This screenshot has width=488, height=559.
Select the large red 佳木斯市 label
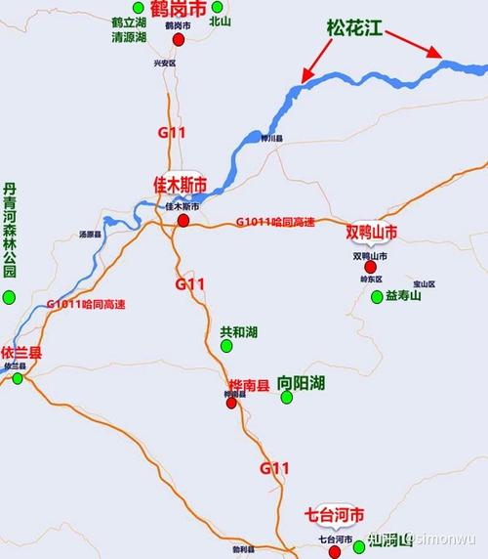click(x=180, y=185)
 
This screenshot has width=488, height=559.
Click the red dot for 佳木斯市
click(x=183, y=221)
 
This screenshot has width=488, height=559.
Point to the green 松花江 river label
click(x=351, y=30)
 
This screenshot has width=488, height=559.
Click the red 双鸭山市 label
click(x=372, y=233)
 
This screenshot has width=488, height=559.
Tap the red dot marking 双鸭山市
click(x=370, y=266)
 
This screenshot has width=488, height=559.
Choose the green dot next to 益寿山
click(x=376, y=296)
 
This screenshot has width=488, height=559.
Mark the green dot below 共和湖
click(x=226, y=347)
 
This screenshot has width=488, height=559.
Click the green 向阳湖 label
click(x=301, y=382)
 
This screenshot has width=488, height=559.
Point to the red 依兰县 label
click(x=21, y=352)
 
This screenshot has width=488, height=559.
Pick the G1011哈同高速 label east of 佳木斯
click(x=275, y=222)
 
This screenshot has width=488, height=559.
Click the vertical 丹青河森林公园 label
click(x=10, y=231)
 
